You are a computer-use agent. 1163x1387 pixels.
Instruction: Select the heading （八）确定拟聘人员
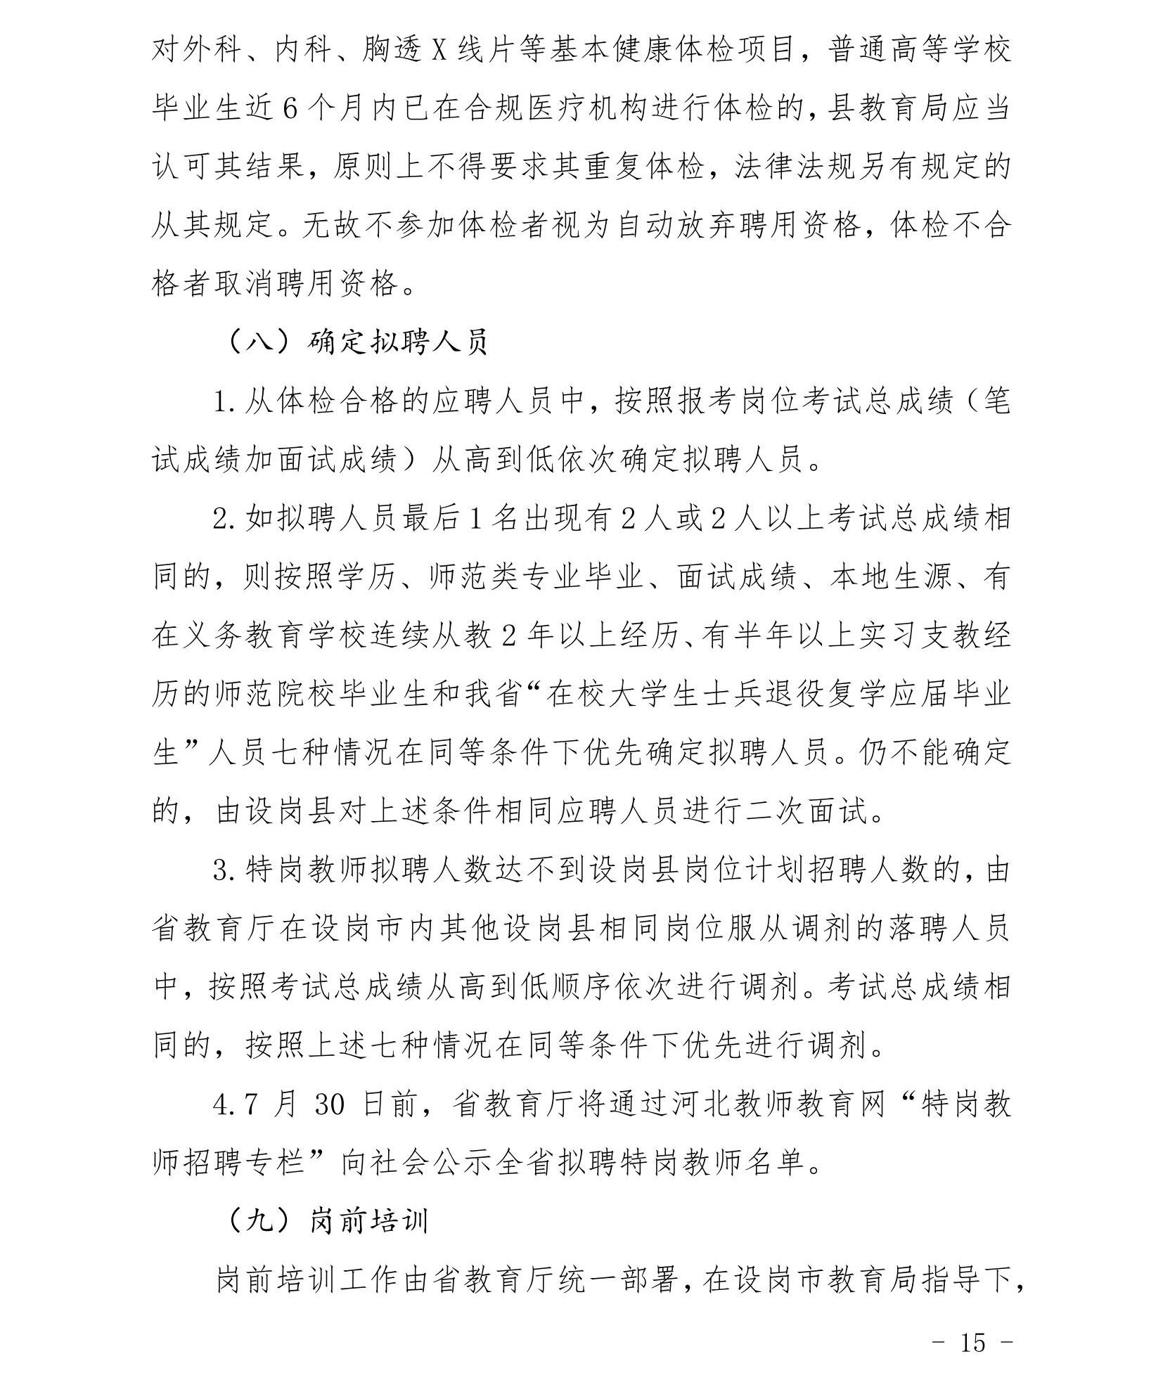click(x=358, y=343)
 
